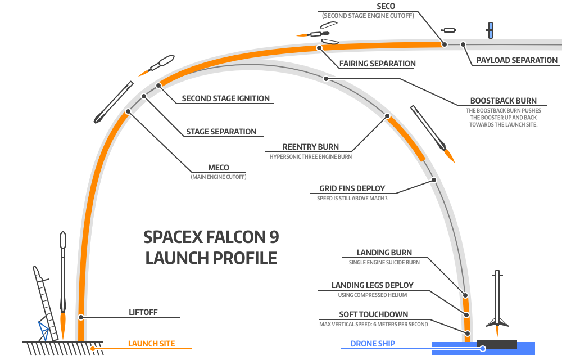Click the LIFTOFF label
pos(143,312)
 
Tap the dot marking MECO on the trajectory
pos(128,111)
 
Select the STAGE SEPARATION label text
pos(221,132)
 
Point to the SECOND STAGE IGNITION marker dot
pos(159,85)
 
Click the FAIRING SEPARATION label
pos(378,64)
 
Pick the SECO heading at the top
pos(386,6)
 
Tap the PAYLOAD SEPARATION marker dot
pos(463,44)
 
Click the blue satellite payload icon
pos(490,30)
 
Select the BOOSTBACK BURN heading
pos(503,101)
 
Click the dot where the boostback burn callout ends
pos(326,79)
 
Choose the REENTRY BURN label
pos(310,147)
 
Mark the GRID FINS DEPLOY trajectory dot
pos(434,179)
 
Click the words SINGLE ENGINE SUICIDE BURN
pos(384,263)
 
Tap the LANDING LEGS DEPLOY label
pos(373,285)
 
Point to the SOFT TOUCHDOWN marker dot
pos(467,334)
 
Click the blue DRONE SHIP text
pos(373,344)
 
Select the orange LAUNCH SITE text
pos(151,344)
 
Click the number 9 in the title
pos(274,237)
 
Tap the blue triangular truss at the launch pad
pos(44,331)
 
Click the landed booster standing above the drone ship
pos(497,301)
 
